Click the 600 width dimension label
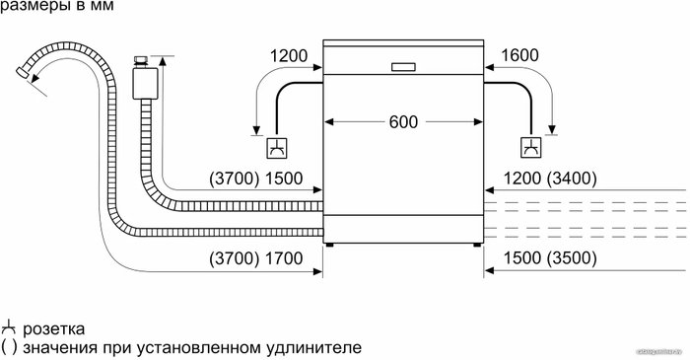pyautogui.click(x=403, y=122)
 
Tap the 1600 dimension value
pyautogui.click(x=519, y=55)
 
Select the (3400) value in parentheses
pyautogui.click(x=572, y=179)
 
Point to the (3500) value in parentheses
pyautogui.click(x=572, y=258)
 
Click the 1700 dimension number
pyautogui.click(x=284, y=258)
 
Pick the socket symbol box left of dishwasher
pyautogui.click(x=277, y=148)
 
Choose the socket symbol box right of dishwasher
pyautogui.click(x=531, y=148)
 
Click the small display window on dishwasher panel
pyautogui.click(x=403, y=67)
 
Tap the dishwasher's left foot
pyautogui.click(x=329, y=245)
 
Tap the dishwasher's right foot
pyautogui.click(x=477, y=245)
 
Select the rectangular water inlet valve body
pyautogui.click(x=145, y=83)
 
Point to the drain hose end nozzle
pyautogui.click(x=22, y=74)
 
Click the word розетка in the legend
pyautogui.click(x=53, y=329)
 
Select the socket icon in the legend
pyautogui.click(x=8, y=327)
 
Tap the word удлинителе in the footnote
pyautogui.click(x=314, y=348)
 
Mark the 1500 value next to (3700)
pyautogui.click(x=284, y=179)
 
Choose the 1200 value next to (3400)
pyautogui.click(x=522, y=179)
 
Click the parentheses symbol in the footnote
pyautogui.click(x=9, y=348)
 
